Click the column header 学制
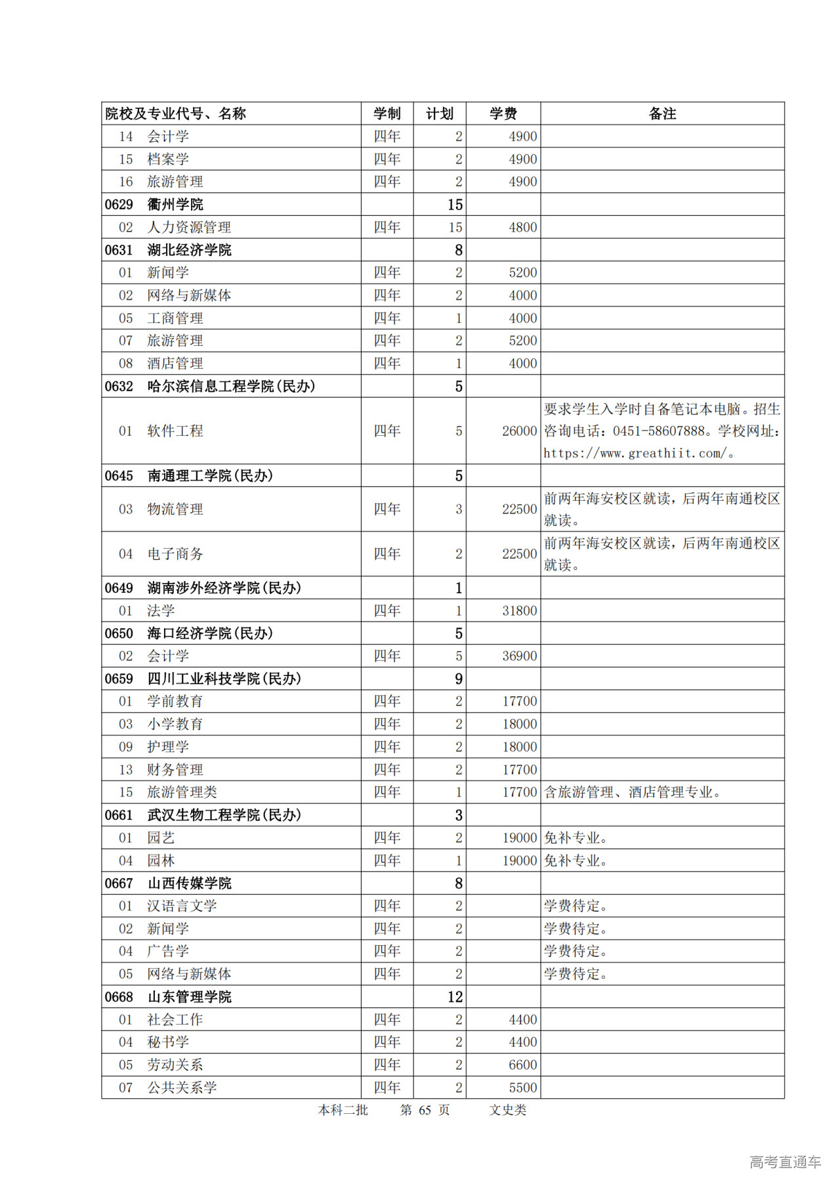coord(387,114)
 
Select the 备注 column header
coord(661,114)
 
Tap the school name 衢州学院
coord(175,205)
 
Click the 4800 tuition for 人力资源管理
coord(522,227)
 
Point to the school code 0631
coord(119,250)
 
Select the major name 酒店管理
coord(175,364)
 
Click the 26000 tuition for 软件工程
coord(519,431)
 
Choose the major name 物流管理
coord(175,509)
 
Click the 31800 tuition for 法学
coord(519,611)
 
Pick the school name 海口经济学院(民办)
coord(210,633)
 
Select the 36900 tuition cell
coord(519,656)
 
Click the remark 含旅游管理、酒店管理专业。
coord(633,792)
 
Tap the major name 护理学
coord(168,747)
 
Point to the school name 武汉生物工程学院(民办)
coord(224,815)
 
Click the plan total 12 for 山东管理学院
coord(455,997)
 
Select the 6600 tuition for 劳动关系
coord(522,1065)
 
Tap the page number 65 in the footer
coord(425,1110)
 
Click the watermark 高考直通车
coord(785,1162)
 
